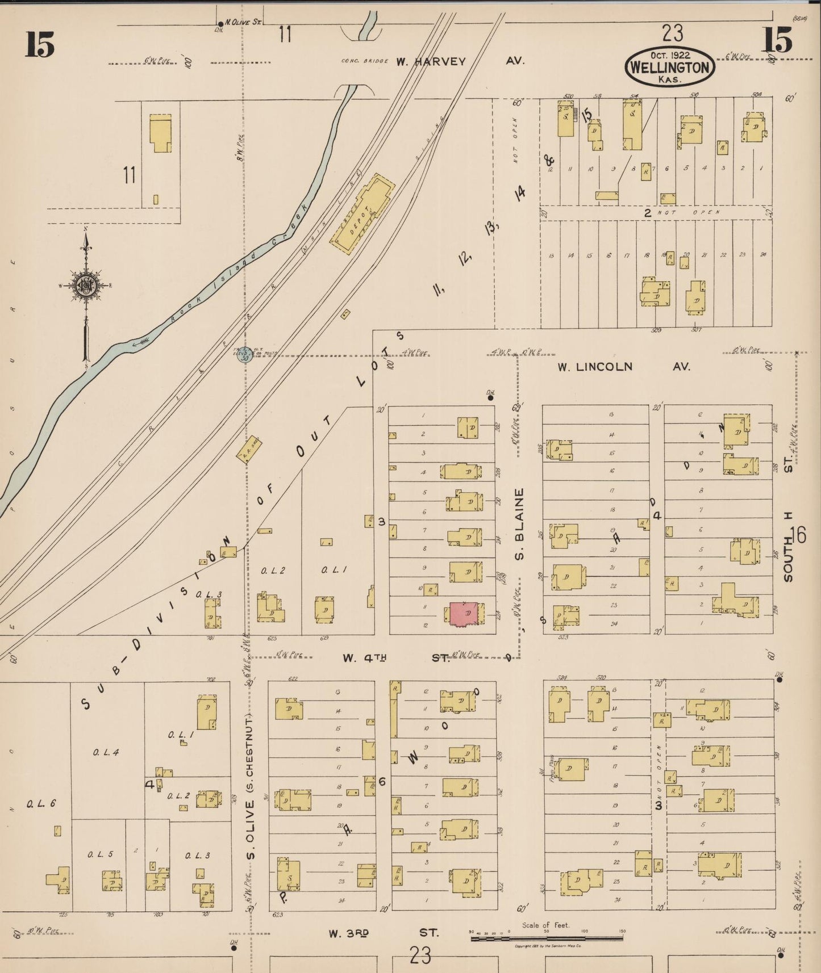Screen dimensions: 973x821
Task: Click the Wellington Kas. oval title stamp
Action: [670, 68]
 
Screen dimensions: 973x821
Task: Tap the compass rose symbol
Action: [86, 286]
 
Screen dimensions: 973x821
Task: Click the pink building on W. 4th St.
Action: [465, 614]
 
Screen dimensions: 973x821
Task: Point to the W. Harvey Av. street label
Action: [459, 61]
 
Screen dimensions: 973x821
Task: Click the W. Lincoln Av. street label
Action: [623, 367]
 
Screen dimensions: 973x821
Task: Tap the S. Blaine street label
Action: [519, 523]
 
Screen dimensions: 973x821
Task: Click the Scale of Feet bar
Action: [547, 939]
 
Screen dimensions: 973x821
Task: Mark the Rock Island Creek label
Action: [239, 266]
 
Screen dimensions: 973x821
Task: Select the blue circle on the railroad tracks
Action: [245, 355]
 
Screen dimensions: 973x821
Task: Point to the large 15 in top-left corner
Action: [39, 44]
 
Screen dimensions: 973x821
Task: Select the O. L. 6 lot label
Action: [41, 803]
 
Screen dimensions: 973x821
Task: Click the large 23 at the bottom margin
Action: [420, 955]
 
